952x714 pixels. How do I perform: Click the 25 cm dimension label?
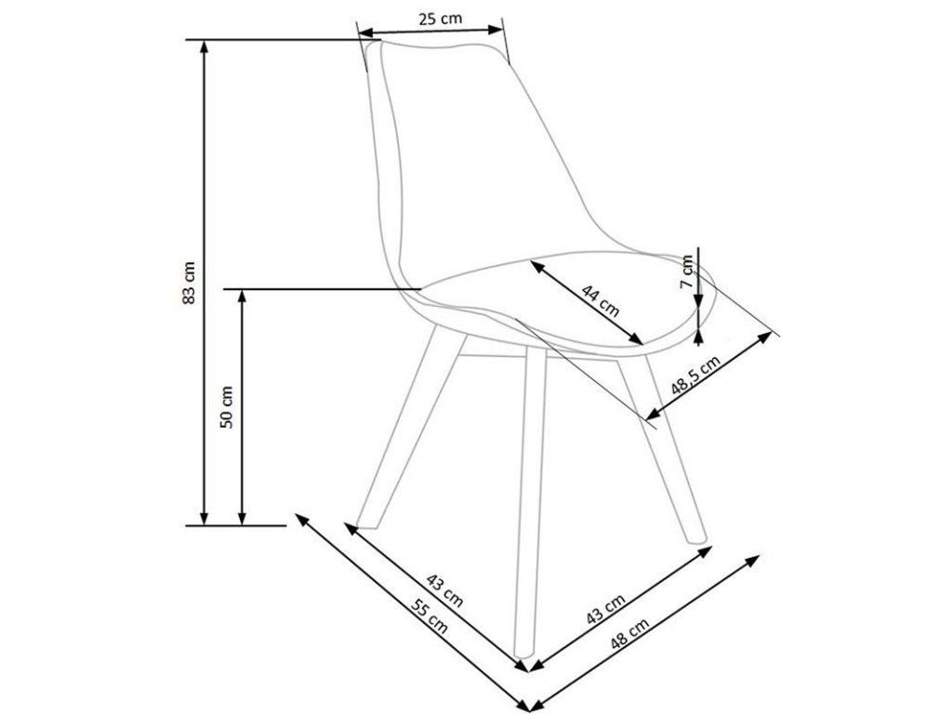[440, 19]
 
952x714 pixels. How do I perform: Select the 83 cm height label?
[190, 283]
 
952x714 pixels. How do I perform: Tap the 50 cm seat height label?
[227, 407]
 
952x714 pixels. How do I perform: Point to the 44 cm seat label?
[601, 300]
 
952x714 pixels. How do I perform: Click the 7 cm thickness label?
[687, 271]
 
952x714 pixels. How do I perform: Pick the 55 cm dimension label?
[430, 615]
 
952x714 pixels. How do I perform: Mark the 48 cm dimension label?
[629, 633]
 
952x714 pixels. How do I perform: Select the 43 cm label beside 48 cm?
[605, 609]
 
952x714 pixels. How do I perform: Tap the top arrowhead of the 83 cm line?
[205, 47]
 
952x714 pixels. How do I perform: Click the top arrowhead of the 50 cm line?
[243, 297]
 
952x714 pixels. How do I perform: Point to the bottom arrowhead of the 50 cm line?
[243, 517]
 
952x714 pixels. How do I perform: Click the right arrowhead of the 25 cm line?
[496, 29]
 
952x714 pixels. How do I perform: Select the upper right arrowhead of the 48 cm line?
[753, 559]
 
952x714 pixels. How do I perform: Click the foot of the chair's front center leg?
[522, 654]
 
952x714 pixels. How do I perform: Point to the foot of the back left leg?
[365, 523]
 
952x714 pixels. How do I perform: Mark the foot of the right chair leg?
[695, 538]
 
